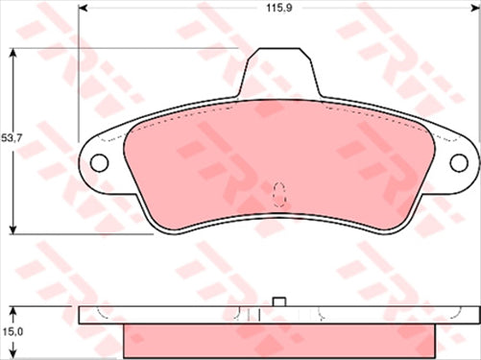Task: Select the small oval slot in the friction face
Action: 280,193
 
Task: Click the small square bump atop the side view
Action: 280,302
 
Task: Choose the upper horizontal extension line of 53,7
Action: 125,48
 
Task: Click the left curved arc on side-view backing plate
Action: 104,313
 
